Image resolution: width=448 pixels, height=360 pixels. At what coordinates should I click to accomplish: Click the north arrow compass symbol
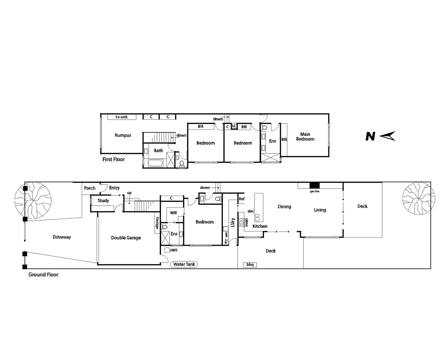(387, 136)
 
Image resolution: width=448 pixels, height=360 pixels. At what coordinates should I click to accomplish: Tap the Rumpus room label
(123, 135)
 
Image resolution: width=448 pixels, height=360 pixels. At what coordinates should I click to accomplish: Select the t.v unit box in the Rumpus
(122, 117)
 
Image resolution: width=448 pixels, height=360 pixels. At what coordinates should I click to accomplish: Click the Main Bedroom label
(305, 137)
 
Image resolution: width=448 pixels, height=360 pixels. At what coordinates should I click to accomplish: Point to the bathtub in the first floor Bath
(154, 163)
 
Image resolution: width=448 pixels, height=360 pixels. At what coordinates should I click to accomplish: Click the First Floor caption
(114, 159)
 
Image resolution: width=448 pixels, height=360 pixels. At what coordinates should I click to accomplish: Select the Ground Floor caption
(43, 275)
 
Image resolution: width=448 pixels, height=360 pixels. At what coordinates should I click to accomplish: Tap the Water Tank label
(184, 264)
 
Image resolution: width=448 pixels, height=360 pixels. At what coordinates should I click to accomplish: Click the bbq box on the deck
(250, 265)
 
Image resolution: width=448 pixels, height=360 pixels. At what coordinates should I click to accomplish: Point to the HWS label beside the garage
(174, 250)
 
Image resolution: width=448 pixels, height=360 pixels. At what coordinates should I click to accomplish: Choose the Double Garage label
(126, 238)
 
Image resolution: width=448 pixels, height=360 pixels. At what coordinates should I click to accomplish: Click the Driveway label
(62, 237)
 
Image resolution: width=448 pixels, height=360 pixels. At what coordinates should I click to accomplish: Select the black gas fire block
(314, 185)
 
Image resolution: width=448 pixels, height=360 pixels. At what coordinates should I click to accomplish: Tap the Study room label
(103, 200)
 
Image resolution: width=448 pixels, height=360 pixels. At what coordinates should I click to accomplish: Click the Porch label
(90, 188)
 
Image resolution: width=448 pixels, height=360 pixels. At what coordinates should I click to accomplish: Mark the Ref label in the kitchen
(241, 199)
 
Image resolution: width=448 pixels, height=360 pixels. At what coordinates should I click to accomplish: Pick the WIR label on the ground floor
(174, 213)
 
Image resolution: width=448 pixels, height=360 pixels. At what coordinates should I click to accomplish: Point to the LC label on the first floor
(234, 126)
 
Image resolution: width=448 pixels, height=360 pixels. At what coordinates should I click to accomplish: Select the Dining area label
(284, 207)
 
